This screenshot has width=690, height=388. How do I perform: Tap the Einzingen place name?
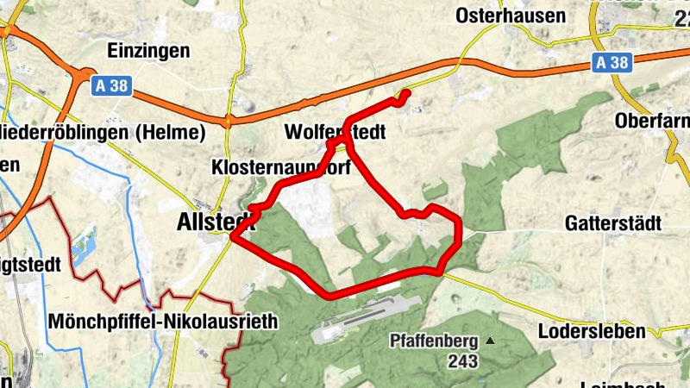(149, 51)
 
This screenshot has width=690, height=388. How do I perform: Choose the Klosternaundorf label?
(280, 168)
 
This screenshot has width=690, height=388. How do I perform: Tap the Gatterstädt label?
(613, 224)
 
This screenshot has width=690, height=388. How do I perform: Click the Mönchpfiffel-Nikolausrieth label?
(163, 322)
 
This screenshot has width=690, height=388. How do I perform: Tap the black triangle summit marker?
(491, 341)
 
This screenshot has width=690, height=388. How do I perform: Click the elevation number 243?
(462, 362)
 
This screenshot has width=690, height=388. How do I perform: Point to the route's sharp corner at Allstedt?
(234, 239)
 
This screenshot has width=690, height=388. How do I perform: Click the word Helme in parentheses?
(177, 134)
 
